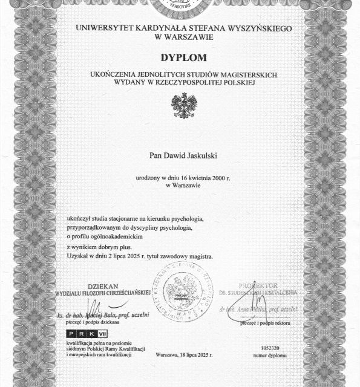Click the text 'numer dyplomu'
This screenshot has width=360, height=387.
[270, 356]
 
